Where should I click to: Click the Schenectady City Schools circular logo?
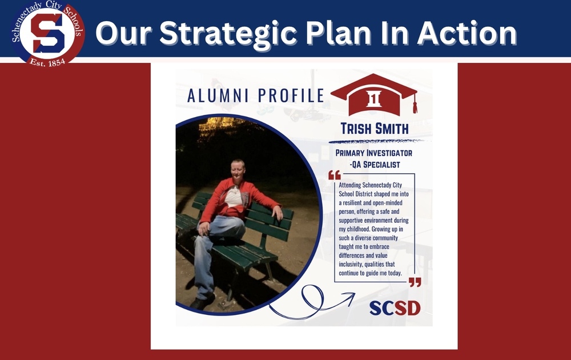tap(48, 33)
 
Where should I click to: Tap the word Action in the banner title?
tap(467, 33)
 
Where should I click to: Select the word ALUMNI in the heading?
tap(218, 95)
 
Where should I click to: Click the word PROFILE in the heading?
tap(291, 95)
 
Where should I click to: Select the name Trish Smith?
tap(375, 129)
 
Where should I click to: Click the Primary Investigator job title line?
tap(373, 153)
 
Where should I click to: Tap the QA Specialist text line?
tap(375, 165)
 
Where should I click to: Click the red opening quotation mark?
tap(334, 175)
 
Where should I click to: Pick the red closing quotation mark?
tap(415, 282)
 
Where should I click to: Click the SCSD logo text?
tap(395, 308)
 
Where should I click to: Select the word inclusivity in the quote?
tap(351, 264)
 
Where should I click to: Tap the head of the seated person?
tap(237, 170)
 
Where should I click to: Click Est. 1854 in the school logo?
tap(47, 62)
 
